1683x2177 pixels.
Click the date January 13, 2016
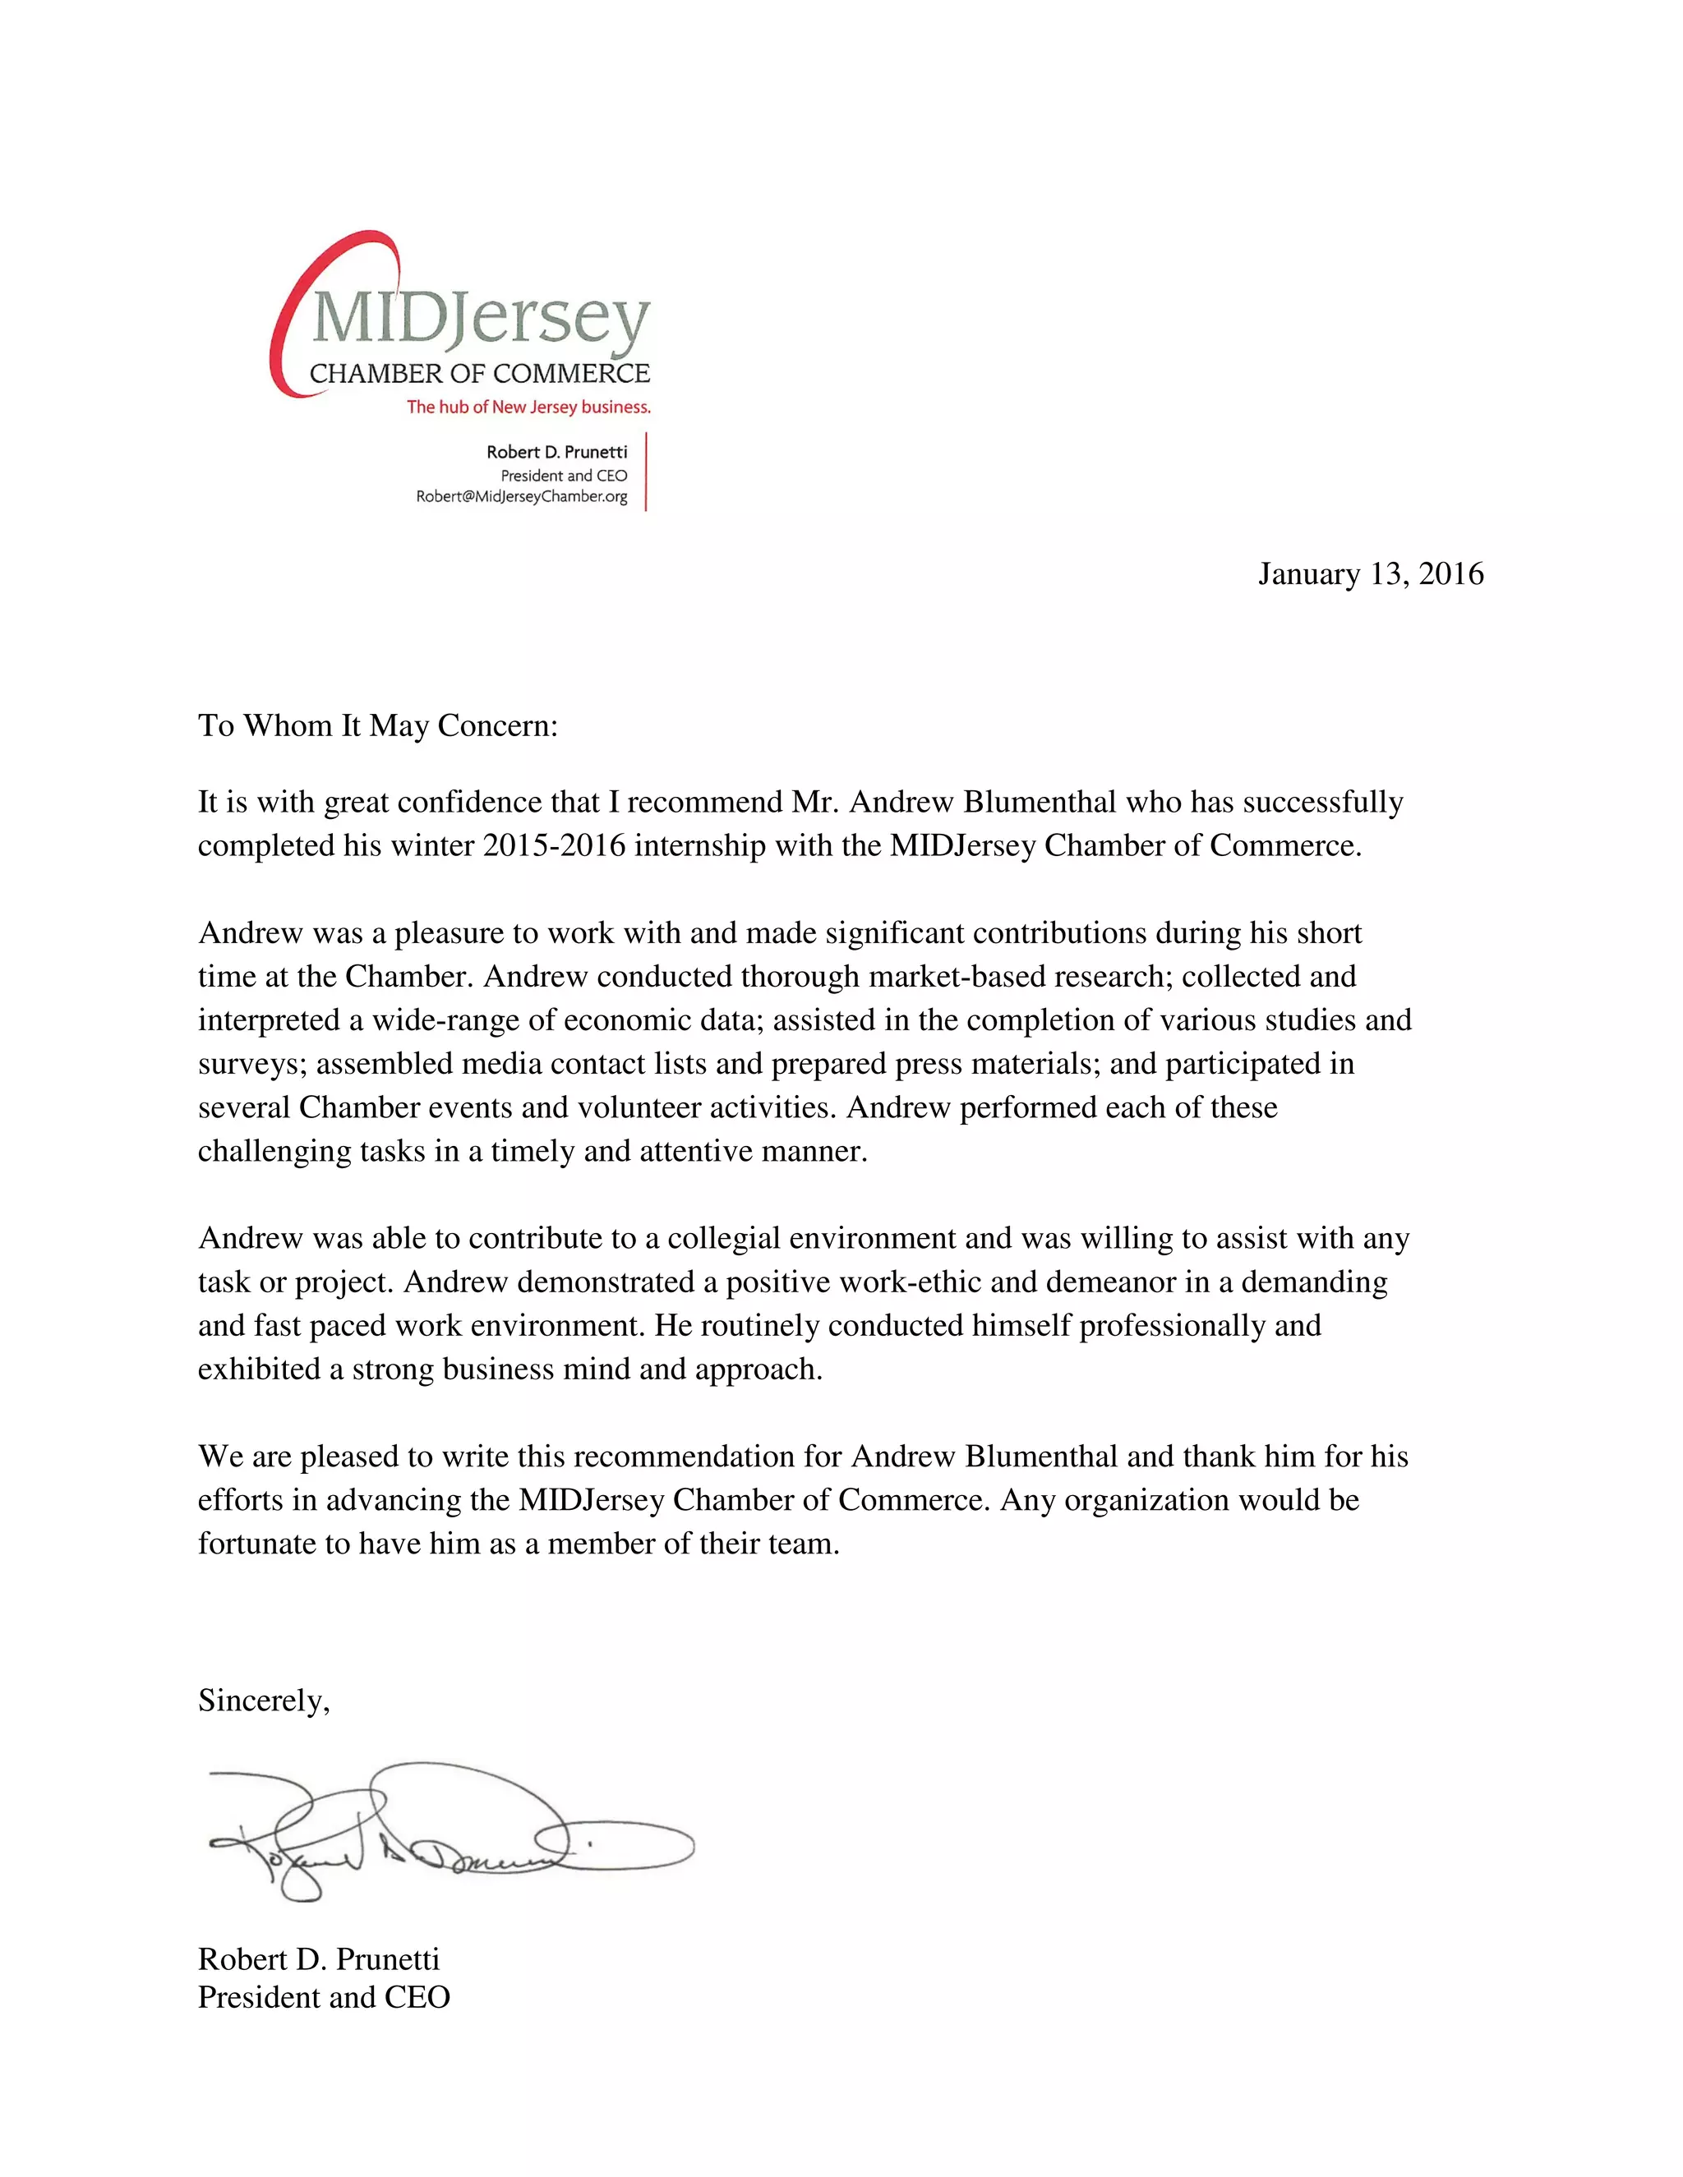[1370, 574]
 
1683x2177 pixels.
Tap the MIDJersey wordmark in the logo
[481, 321]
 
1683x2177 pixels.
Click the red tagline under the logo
[528, 407]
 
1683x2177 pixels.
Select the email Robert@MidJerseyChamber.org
[522, 496]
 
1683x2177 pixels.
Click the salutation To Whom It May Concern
[378, 725]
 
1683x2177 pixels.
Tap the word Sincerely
[263, 1700]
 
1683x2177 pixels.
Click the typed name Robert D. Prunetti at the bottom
[318, 1958]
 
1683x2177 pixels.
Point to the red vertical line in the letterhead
[646, 472]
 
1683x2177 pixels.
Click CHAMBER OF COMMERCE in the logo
[480, 374]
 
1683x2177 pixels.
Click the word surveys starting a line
[252, 1064]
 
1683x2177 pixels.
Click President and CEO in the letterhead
[563, 476]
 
